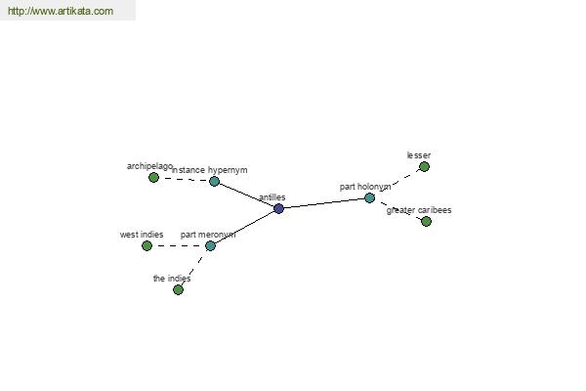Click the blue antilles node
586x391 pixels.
278,208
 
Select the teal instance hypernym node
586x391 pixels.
214,182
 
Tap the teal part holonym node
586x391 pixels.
369,197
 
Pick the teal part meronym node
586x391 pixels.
210,245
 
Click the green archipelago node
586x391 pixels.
153,177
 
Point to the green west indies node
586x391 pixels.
146,245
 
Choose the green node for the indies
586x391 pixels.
179,289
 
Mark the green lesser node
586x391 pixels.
424,166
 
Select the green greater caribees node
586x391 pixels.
426,221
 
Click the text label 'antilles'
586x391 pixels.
272,197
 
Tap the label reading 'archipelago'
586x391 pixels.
149,166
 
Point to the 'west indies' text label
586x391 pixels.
142,235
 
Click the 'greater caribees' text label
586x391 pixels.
419,210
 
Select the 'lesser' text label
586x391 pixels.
419,155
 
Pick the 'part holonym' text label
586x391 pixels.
365,187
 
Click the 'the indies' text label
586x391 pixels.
172,279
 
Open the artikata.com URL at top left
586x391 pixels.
61,11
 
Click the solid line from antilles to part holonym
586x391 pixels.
324,203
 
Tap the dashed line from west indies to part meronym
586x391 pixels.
179,245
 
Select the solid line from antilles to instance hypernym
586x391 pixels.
246,195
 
